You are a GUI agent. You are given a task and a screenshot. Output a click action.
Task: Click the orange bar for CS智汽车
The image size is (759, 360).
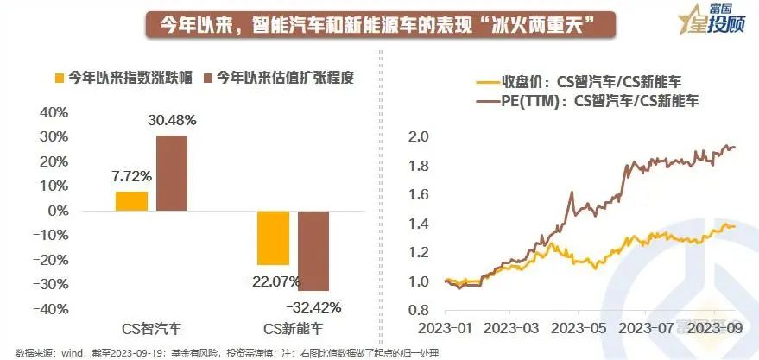131,200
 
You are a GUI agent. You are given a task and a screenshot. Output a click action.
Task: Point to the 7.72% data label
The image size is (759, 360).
131,176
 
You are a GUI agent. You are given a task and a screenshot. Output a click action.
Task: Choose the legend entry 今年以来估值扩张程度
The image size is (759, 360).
276,78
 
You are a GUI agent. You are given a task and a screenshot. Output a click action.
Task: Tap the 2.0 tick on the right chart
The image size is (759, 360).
418,136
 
